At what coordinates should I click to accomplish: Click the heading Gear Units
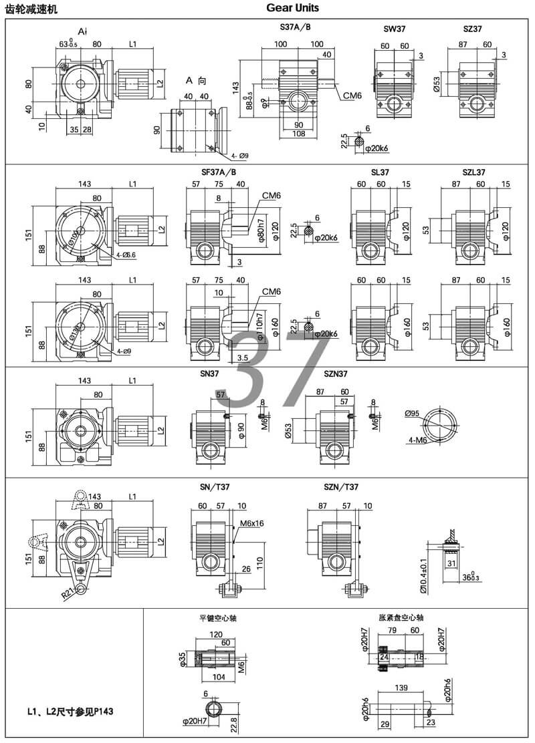[292, 8]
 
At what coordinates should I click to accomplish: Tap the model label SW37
[394, 29]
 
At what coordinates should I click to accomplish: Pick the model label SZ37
[471, 29]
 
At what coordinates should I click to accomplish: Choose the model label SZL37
[473, 172]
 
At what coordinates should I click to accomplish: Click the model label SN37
[209, 374]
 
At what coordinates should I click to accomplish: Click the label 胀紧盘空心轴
[401, 618]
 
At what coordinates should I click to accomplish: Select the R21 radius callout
[68, 591]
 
